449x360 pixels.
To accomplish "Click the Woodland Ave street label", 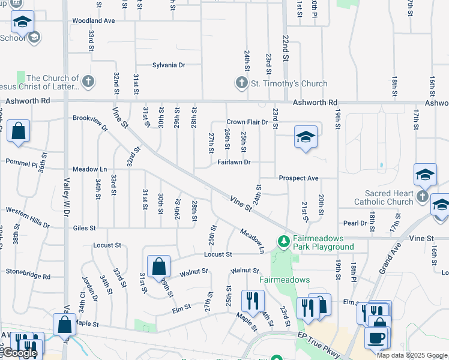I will pos(93,20).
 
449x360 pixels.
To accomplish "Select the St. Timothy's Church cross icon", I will pos(241,83).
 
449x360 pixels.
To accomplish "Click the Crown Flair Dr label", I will pos(247,122).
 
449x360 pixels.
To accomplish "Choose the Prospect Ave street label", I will pos(298,178).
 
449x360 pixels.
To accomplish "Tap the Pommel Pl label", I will pos(22,163).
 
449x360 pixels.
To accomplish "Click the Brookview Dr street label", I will pos(90,122).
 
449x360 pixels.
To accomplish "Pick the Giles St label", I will pos(84,228).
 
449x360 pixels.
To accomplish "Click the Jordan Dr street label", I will pos(91,289).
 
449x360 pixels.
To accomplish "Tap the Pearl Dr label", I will pos(355,223).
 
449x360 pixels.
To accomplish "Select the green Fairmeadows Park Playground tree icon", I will pos(283,241).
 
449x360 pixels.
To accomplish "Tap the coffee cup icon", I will pos(376,337).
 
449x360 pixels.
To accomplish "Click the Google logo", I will pos(19,353).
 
